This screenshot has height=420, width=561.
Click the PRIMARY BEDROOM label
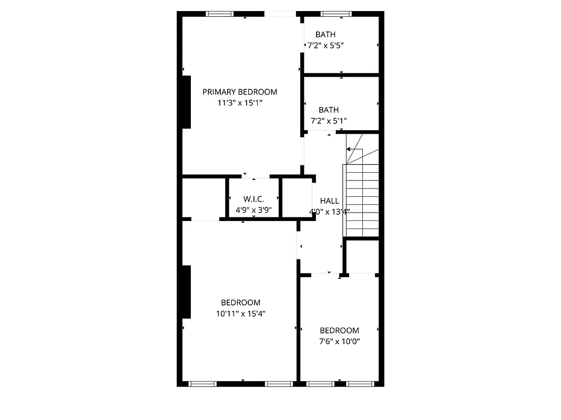(240, 92)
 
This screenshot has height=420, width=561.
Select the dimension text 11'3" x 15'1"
(240, 103)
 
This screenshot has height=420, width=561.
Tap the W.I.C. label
(253, 199)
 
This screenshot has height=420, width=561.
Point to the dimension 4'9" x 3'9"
(253, 211)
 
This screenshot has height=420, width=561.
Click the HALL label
(330, 201)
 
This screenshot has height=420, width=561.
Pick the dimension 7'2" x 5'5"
(325, 45)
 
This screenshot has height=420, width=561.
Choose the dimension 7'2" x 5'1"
(329, 121)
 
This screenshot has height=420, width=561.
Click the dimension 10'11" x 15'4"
(240, 313)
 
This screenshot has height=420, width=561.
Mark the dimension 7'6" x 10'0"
(340, 341)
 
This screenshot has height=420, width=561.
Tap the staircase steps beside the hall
(362, 199)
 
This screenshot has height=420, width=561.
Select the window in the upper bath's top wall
(336, 14)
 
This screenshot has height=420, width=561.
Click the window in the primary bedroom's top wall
(220, 14)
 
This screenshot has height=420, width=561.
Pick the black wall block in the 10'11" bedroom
(186, 291)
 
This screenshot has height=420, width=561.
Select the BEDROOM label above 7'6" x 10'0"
(340, 330)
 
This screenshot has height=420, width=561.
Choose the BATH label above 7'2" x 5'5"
(325, 35)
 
